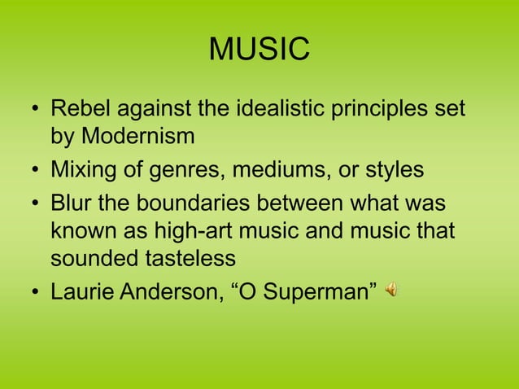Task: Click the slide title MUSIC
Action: [x=259, y=50]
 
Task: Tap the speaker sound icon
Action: [x=391, y=289]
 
